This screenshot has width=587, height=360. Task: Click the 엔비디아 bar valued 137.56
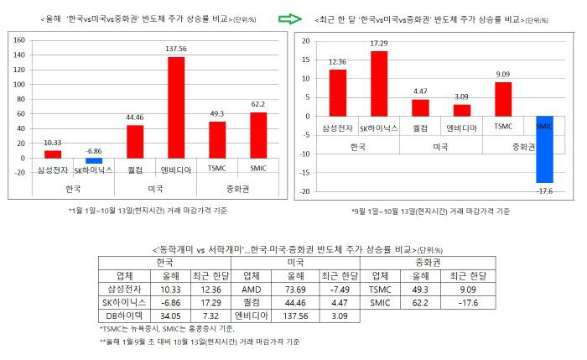tap(176, 107)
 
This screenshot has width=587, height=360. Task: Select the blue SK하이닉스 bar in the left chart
tap(94, 160)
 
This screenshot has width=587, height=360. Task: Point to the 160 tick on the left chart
tap(18, 39)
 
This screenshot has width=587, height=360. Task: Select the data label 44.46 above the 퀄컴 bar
tap(134, 117)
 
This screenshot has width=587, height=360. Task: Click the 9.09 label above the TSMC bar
tap(502, 75)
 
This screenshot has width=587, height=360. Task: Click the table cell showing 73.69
tap(289, 288)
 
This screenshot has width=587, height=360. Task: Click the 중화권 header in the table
tap(428, 261)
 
